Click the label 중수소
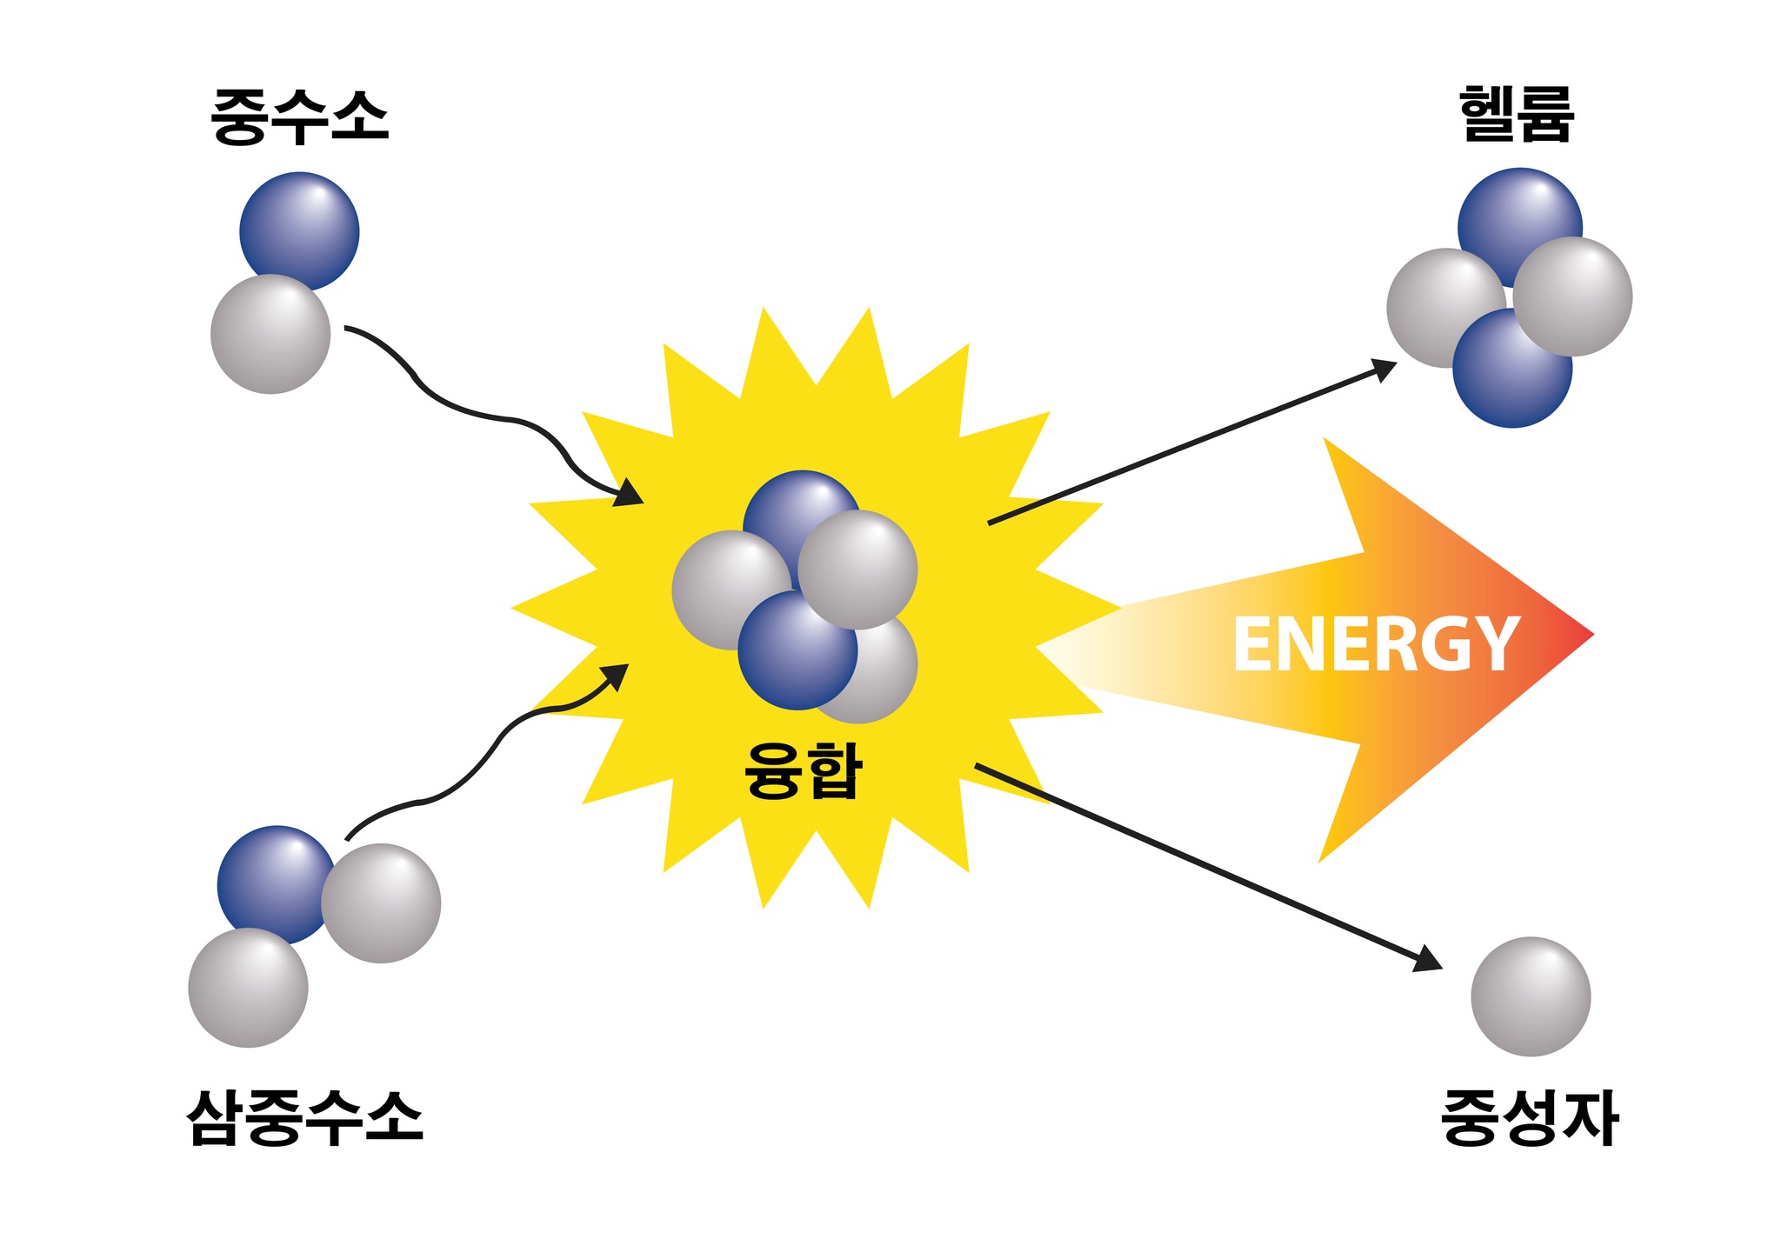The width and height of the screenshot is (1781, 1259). [300, 117]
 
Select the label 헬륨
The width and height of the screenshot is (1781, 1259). [1518, 114]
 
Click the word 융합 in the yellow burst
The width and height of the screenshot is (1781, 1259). [803, 769]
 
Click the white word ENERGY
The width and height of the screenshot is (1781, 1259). [1376, 643]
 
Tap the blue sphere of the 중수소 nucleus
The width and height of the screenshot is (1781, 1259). [299, 230]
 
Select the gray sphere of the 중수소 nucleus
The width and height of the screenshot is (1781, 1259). [270, 334]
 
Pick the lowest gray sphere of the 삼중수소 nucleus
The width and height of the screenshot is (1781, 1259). [248, 988]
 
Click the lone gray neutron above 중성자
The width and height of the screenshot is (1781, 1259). [1531, 996]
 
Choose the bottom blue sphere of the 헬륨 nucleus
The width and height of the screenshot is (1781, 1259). [1512, 369]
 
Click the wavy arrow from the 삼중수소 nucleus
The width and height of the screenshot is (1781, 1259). [486, 752]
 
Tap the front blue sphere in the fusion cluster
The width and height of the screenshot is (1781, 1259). [797, 650]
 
